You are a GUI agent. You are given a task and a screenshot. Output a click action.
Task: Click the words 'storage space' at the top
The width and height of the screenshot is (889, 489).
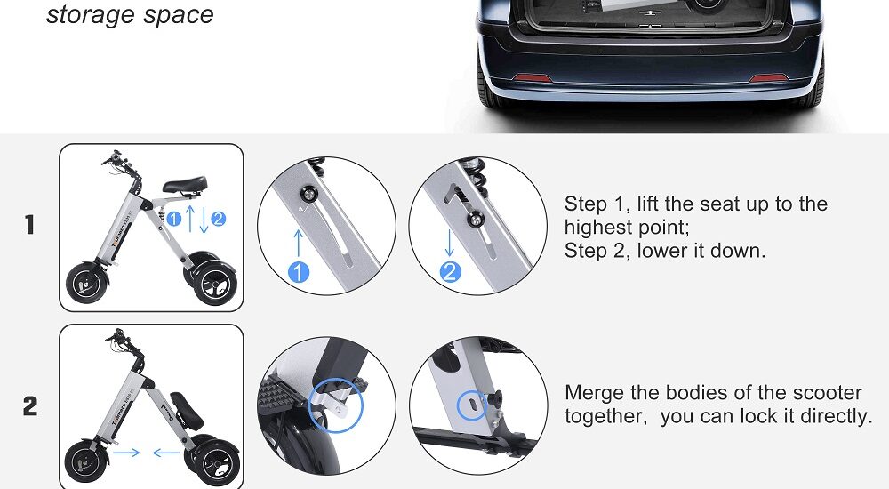[130, 15]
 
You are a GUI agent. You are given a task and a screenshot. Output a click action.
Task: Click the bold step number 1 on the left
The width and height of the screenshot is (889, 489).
[29, 226]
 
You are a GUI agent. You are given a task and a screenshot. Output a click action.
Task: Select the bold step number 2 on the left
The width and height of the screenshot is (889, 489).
[30, 407]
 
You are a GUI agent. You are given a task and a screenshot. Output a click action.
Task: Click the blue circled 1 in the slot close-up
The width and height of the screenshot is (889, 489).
[299, 272]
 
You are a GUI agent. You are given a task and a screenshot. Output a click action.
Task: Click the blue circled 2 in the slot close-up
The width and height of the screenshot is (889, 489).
[451, 272]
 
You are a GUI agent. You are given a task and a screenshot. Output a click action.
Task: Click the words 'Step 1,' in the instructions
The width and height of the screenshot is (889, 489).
[598, 204]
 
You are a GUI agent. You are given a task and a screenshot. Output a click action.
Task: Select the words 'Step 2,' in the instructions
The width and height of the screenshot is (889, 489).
[598, 251]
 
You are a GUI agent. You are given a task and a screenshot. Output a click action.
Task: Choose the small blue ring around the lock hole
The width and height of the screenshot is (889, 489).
[470, 405]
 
